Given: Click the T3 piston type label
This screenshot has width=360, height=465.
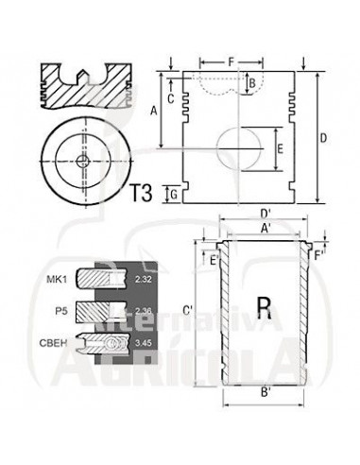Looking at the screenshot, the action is [x=141, y=193].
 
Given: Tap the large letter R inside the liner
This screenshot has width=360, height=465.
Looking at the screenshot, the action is [x=264, y=308].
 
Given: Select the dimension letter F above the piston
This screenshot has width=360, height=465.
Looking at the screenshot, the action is [x=231, y=62].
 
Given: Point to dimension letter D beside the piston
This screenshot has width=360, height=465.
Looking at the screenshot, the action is [x=324, y=138].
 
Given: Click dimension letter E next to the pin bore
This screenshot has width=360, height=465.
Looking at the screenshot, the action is [x=281, y=148].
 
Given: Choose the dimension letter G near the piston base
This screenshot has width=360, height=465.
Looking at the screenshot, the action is [x=174, y=195].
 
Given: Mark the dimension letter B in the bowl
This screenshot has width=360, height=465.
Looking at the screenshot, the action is [x=252, y=84].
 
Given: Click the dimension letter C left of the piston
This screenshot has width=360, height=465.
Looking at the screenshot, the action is [x=171, y=99].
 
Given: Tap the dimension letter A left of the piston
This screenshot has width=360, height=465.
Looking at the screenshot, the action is [x=153, y=111].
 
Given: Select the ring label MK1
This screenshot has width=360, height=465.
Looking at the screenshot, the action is [x=57, y=279].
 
